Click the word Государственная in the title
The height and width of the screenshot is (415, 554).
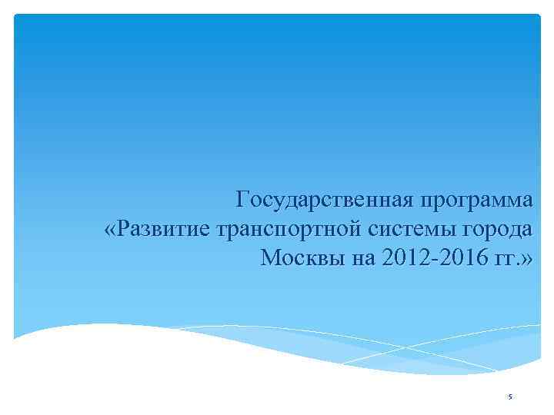(x=325, y=201)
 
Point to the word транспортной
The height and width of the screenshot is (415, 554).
(x=283, y=228)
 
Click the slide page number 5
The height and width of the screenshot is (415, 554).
(x=510, y=397)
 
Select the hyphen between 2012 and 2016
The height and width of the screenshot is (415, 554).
(x=429, y=258)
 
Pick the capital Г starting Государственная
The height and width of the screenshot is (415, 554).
(x=244, y=201)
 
